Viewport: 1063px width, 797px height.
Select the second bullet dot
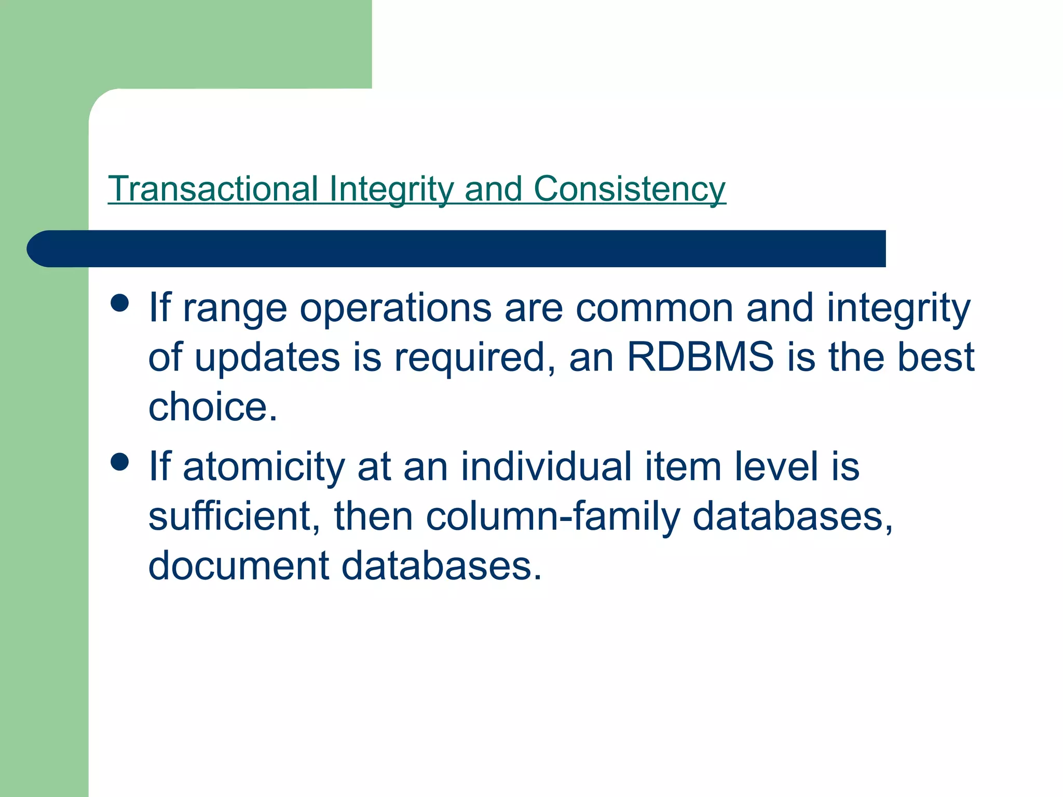coord(120,461)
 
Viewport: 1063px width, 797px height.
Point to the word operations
coord(396,308)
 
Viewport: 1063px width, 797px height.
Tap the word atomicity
coord(264,466)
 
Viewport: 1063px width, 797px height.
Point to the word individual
coord(546,466)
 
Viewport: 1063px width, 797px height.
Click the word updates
coord(267,358)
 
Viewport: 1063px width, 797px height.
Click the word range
coord(235,309)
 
